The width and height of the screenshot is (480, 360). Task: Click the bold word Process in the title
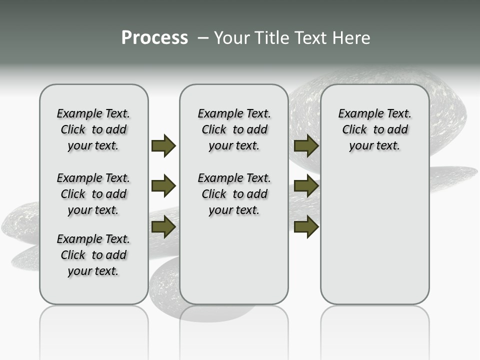154,38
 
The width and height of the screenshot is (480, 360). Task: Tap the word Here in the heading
352,38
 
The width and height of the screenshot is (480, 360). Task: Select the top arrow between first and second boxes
163,145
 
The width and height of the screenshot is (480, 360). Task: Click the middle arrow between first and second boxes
163,186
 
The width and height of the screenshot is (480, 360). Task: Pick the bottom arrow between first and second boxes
163,226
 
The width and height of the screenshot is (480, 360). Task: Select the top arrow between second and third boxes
306,145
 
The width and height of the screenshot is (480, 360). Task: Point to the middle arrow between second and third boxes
306,186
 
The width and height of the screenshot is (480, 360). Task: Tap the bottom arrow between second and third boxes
306,226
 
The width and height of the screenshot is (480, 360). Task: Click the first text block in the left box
93,129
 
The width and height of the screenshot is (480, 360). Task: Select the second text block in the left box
93,194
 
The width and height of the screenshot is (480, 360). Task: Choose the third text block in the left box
93,255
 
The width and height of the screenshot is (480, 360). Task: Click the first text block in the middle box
234,129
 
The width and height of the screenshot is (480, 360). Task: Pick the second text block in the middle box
234,194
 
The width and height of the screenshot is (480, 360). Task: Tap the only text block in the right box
374,129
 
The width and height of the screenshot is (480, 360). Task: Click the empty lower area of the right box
374,235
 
